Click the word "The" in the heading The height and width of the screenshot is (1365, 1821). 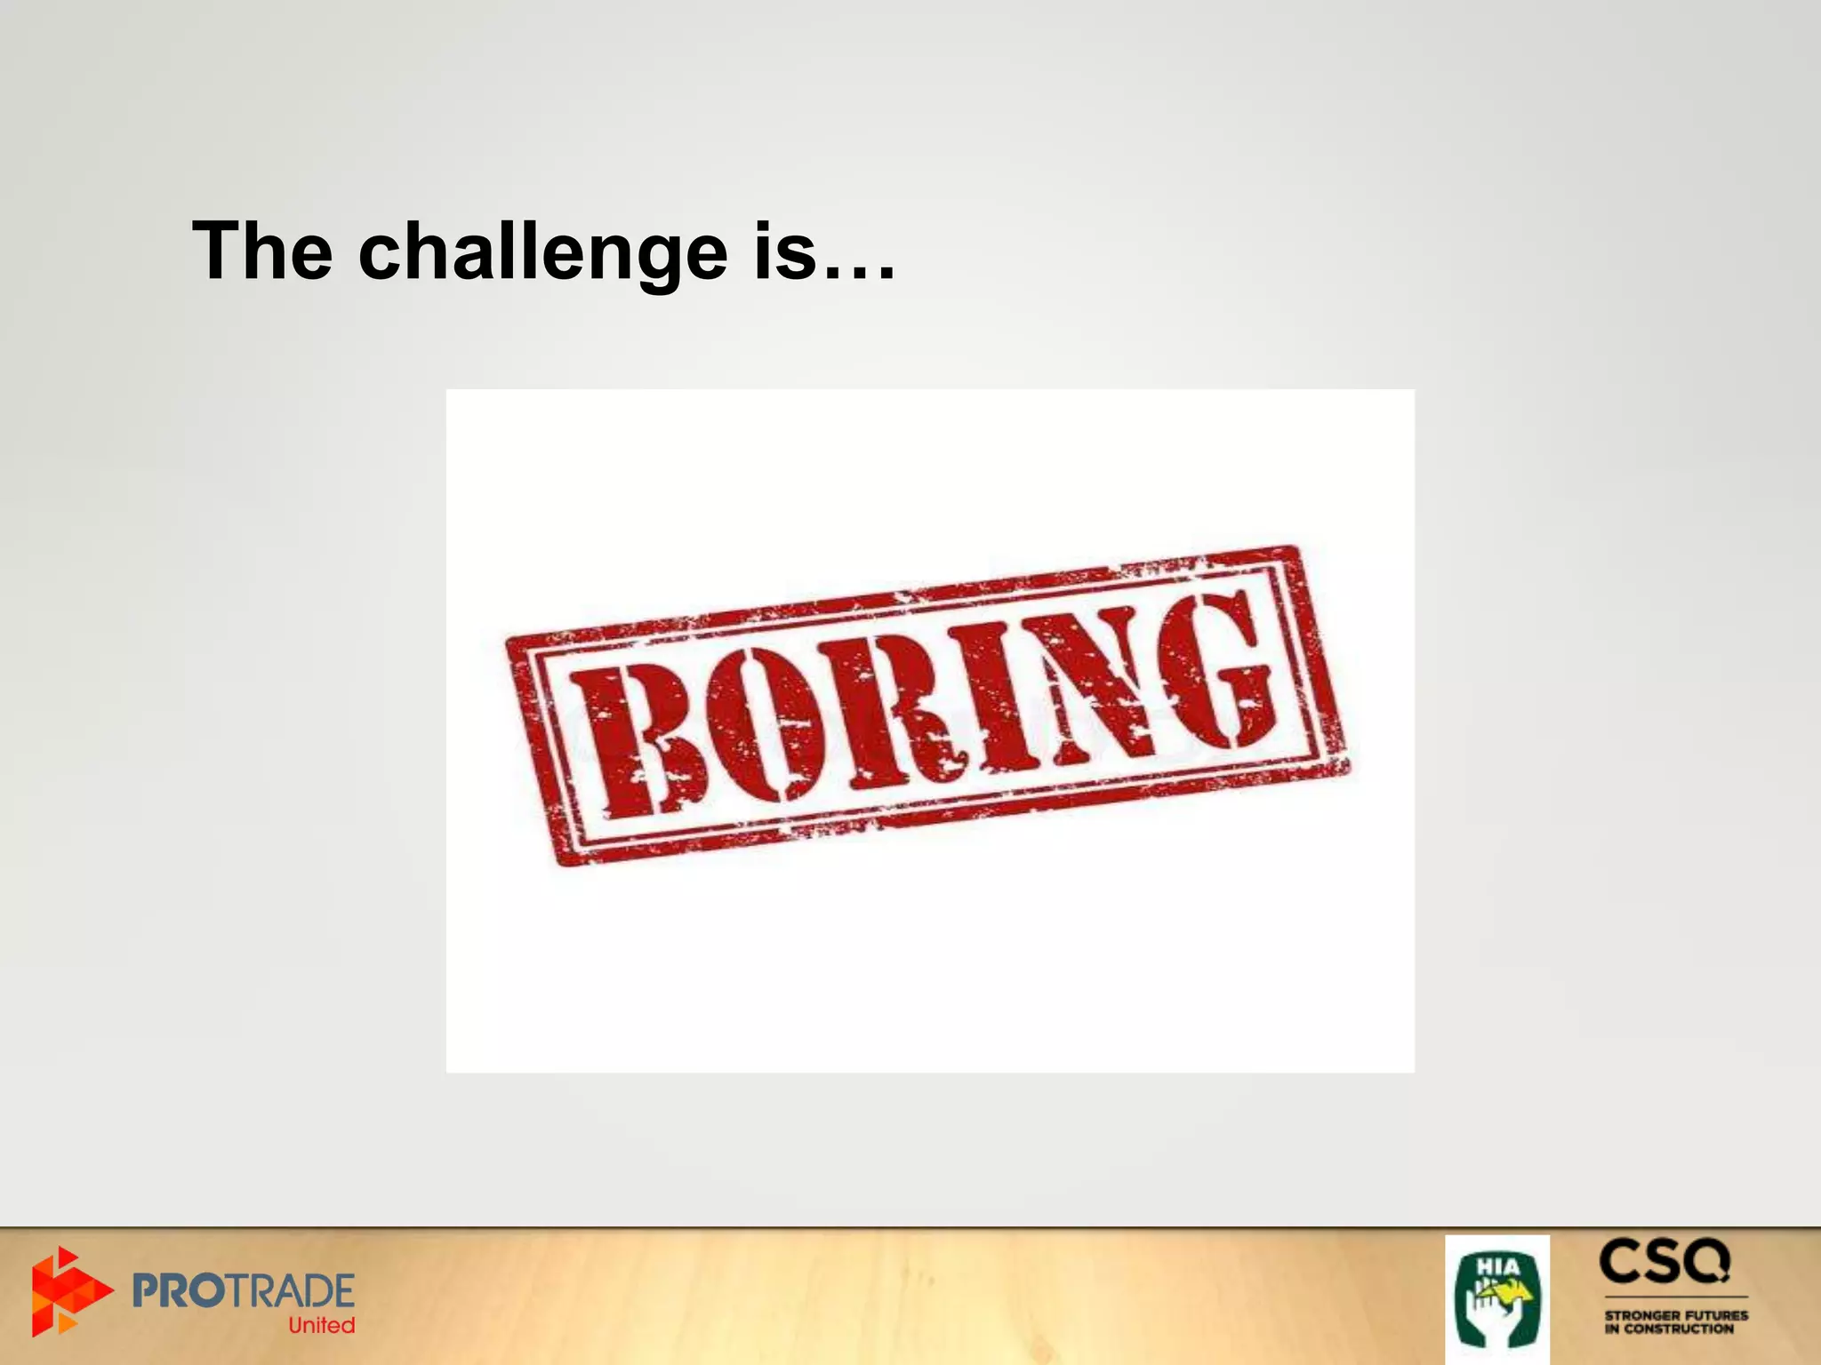[x=262, y=251]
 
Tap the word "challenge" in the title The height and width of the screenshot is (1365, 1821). [x=542, y=253]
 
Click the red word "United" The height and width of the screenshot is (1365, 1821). [x=321, y=1325]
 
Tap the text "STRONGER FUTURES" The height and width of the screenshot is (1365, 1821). [x=1676, y=1314]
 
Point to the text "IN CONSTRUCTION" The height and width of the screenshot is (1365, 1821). [x=1669, y=1329]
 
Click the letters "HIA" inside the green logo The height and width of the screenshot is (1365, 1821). [x=1497, y=1265]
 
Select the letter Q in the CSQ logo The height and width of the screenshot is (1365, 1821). [x=1706, y=1262]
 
